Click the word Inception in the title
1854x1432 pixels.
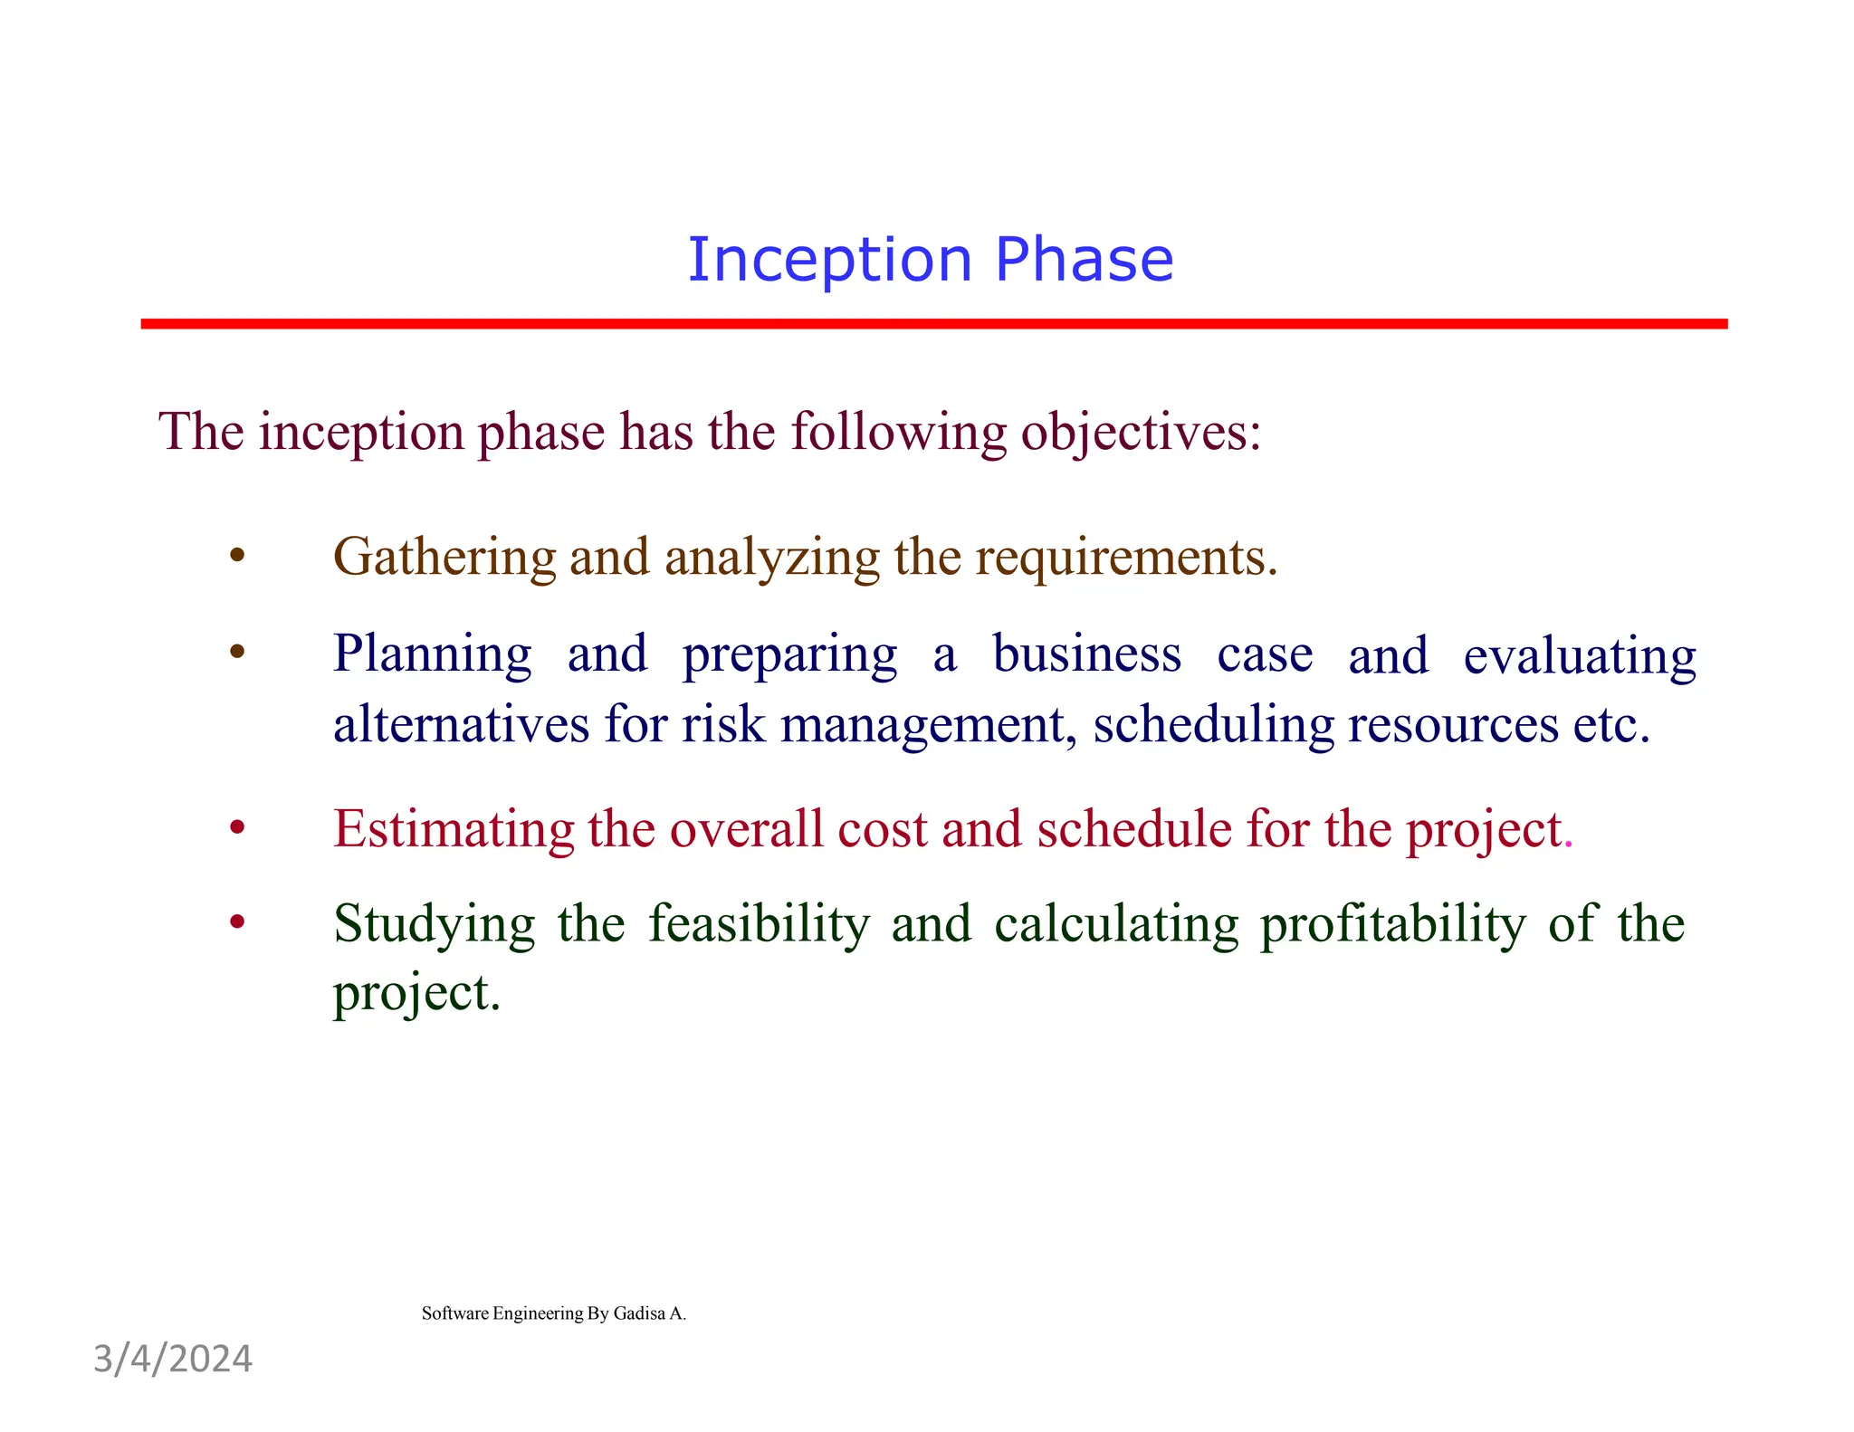(x=829, y=260)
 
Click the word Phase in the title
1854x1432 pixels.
(x=1084, y=260)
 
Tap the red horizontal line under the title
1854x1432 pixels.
(x=932, y=323)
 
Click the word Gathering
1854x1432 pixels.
(x=444, y=558)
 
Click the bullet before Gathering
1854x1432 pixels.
(x=237, y=556)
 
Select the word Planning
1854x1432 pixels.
(x=432, y=654)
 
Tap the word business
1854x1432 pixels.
(x=1085, y=654)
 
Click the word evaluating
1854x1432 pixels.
(x=1580, y=655)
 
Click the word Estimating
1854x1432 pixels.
(x=453, y=829)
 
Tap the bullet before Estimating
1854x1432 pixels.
(x=237, y=827)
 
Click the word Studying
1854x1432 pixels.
(x=434, y=925)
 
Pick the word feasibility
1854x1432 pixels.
(x=759, y=923)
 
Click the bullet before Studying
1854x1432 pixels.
(x=237, y=922)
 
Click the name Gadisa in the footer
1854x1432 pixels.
(x=639, y=1313)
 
